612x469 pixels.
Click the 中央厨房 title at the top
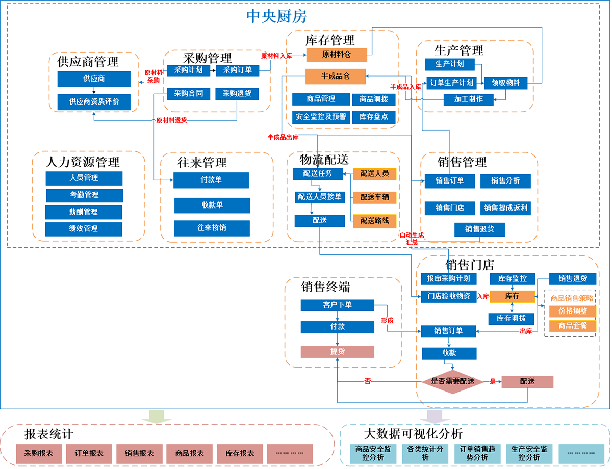point(277,16)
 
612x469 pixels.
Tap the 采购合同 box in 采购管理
point(189,94)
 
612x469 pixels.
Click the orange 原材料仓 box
point(337,54)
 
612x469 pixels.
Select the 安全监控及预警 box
point(320,117)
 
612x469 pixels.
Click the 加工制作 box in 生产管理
point(468,99)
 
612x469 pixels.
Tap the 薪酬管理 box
point(84,212)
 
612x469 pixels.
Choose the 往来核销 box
point(212,228)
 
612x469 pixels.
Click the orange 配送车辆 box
point(375,197)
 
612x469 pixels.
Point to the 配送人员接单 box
point(318,197)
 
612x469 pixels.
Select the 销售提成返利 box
point(505,208)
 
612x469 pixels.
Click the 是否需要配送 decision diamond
point(453,381)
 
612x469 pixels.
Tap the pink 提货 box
point(337,352)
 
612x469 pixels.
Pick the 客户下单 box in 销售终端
point(337,305)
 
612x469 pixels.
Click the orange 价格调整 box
point(572,311)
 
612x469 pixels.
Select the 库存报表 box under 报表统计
point(240,453)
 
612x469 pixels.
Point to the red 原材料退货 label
point(171,120)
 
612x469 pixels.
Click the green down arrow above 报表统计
point(153,415)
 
